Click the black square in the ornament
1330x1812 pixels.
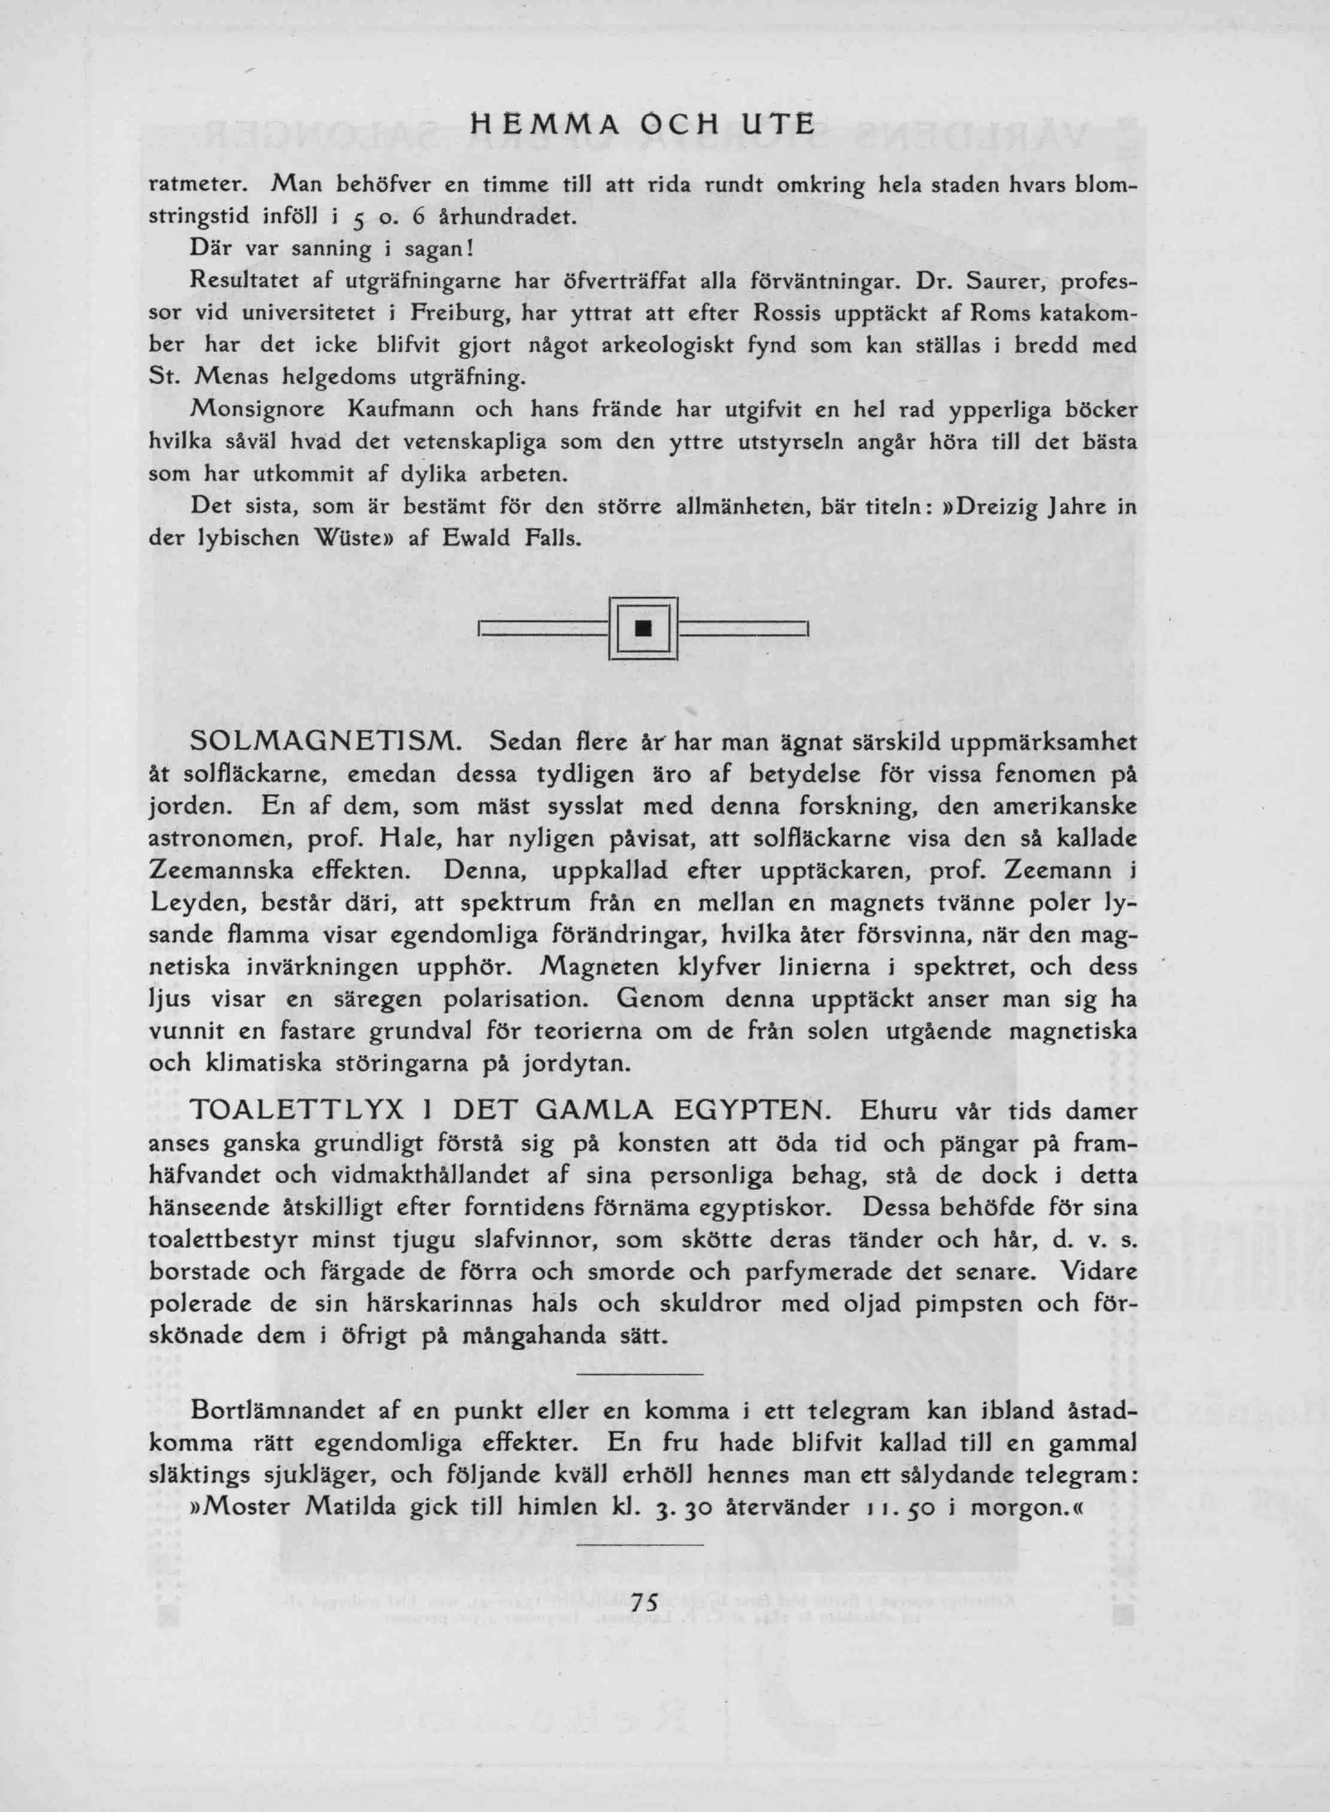[x=643, y=628]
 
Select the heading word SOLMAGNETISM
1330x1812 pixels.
[x=325, y=742]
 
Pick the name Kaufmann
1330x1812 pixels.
[x=402, y=410]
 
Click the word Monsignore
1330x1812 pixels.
[x=257, y=410]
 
